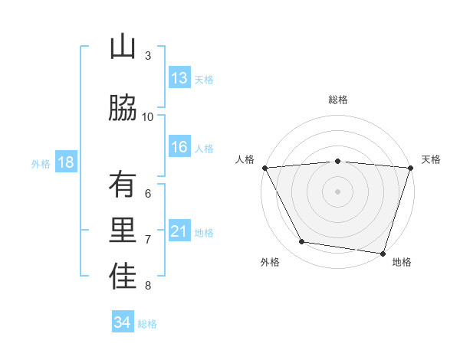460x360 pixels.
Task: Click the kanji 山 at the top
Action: (123, 47)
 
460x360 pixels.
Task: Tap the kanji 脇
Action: (123, 108)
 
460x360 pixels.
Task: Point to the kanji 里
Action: (123, 231)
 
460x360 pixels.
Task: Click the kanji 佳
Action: (123, 277)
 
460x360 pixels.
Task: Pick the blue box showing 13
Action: (179, 78)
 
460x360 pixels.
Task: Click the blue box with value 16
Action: (179, 148)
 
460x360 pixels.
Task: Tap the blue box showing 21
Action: (179, 231)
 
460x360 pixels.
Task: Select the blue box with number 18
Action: (65, 162)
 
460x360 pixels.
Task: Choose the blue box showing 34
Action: (123, 322)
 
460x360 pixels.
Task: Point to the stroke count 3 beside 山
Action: (148, 55)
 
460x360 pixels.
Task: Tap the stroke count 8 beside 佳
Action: (148, 286)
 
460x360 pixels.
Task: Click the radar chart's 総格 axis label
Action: (338, 100)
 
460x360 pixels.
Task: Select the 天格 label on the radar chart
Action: (432, 159)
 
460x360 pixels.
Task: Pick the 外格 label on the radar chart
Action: (270, 262)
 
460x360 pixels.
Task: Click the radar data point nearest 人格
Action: (264, 167)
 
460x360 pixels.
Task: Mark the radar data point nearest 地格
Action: (383, 253)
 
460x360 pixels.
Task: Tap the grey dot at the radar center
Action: (338, 191)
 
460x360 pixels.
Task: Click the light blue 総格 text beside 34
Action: (147, 324)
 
